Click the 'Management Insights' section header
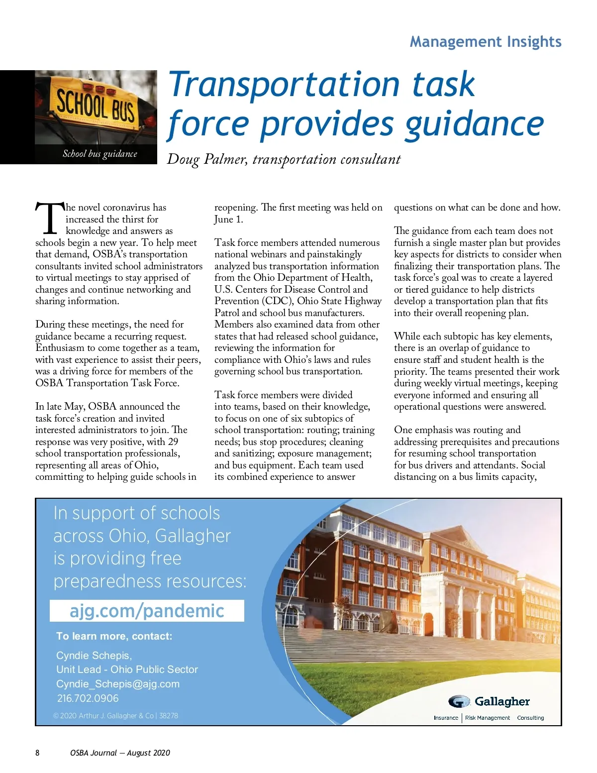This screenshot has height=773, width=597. pyautogui.click(x=485, y=42)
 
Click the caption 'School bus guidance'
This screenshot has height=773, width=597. pyautogui.click(x=99, y=154)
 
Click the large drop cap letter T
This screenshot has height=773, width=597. pyautogui.click(x=49, y=219)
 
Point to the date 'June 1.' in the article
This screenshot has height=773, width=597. pyautogui.click(x=229, y=220)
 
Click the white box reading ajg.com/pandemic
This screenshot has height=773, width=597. pyautogui.click(x=147, y=611)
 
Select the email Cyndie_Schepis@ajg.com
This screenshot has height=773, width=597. pyautogui.click(x=118, y=684)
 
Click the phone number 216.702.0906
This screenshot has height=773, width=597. pyautogui.click(x=88, y=698)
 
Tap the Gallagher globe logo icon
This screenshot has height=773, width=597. pyautogui.click(x=459, y=701)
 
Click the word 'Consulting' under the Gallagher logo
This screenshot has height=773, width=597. pyautogui.click(x=530, y=718)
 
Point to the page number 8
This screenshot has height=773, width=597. pyautogui.click(x=37, y=753)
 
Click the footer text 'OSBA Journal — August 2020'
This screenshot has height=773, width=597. pyautogui.click(x=120, y=753)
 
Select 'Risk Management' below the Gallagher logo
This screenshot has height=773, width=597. pyautogui.click(x=487, y=718)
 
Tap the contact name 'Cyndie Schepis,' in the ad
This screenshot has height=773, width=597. pyautogui.click(x=94, y=656)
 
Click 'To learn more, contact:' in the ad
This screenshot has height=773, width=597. pyautogui.click(x=114, y=636)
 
